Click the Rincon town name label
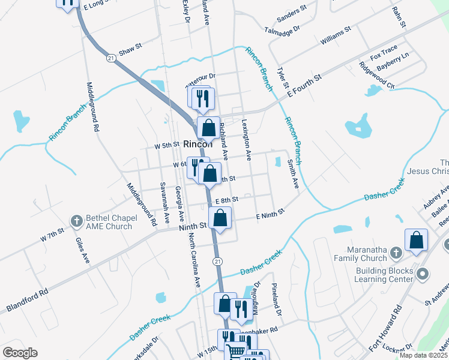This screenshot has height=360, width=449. tap(198, 145)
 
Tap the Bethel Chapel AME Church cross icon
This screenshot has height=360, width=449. tap(76, 221)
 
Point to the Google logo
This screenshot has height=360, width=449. tap(20, 353)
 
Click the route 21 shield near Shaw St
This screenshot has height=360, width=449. tap(110, 58)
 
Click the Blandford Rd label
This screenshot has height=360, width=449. tap(27, 301)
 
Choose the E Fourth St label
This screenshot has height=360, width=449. tap(304, 84)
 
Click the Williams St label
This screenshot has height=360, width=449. tap(334, 39)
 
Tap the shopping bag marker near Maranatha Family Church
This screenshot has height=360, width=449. tap(416, 241)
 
